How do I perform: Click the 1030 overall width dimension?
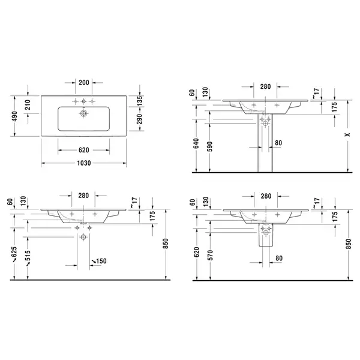pyautogui.click(x=84, y=163)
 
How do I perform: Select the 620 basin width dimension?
pyautogui.click(x=84, y=150)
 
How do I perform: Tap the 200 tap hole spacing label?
pyautogui.click(x=84, y=82)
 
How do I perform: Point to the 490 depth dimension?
pyautogui.click(x=14, y=116)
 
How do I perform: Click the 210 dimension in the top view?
pyautogui.click(x=28, y=104)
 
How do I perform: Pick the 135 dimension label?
pyautogui.click(x=139, y=101)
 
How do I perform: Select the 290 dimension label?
pyautogui.click(x=139, y=119)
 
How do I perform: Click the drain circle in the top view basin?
pyautogui.click(x=84, y=113)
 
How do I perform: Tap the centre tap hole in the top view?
pyautogui.click(x=84, y=101)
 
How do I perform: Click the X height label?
pyautogui.click(x=348, y=134)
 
